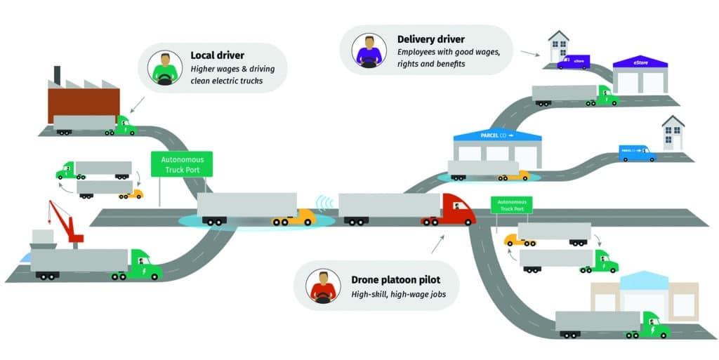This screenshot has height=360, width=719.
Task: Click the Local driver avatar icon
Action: point(165,68)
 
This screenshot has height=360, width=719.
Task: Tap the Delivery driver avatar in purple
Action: point(368,50)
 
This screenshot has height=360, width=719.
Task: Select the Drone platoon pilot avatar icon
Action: point(323,287)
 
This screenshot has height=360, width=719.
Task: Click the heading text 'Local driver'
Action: point(218,55)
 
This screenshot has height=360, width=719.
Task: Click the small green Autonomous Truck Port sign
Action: point(511,205)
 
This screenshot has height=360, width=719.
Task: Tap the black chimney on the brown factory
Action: point(57,74)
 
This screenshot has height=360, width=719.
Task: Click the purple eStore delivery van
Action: point(574,62)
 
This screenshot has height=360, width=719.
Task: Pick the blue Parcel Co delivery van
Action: point(636,153)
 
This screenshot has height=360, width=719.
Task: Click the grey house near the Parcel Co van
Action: point(673,133)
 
